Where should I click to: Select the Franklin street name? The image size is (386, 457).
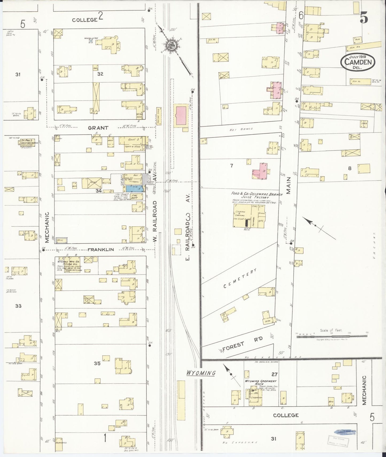click(x=100, y=250)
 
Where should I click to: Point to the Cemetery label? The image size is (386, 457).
click(x=240, y=278)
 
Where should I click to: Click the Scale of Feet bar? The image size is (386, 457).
click(x=332, y=337)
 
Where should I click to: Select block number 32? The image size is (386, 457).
click(x=100, y=74)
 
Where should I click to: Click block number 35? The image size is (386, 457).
click(x=97, y=363)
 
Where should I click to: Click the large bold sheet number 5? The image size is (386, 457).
click(x=364, y=18)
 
